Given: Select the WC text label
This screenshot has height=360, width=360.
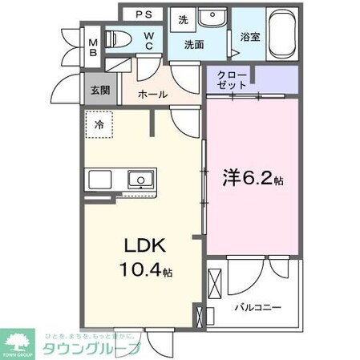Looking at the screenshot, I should pyautogui.click(x=150, y=40).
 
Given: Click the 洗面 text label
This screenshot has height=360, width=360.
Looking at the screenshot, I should pyautogui.click(x=194, y=46).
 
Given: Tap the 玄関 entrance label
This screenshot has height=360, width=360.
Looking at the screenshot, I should pyautogui.click(x=100, y=90).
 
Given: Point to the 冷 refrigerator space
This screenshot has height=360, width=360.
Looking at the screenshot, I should pyautogui.click(x=99, y=125).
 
